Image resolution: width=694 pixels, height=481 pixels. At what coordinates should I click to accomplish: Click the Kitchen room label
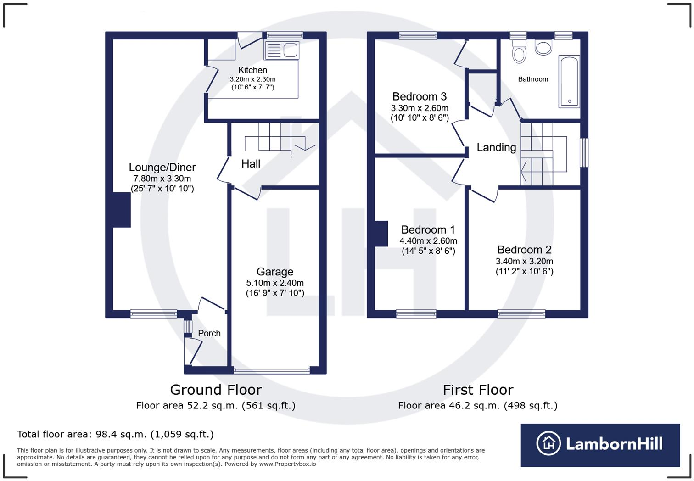(252, 70)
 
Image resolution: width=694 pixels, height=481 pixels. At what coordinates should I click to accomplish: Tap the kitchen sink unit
(282, 50)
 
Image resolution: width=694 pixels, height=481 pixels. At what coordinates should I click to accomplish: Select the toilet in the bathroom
(519, 51)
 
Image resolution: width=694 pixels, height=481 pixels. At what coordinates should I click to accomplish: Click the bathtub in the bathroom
(569, 81)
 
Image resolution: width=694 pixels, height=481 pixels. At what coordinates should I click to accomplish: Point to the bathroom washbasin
(543, 48)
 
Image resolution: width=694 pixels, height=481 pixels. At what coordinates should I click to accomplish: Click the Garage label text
(275, 272)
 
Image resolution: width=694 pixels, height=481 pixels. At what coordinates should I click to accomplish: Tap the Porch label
(209, 333)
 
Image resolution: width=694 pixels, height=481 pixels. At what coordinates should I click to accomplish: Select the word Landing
(496, 147)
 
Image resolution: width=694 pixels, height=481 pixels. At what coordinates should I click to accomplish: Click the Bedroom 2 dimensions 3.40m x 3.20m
(524, 261)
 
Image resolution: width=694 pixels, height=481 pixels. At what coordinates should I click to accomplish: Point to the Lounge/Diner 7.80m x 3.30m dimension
(162, 179)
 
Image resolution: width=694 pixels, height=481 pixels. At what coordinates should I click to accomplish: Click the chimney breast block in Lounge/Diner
(122, 210)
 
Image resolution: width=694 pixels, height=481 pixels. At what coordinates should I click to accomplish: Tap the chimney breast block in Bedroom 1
(381, 234)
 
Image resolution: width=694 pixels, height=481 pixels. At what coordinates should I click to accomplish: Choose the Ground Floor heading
(216, 390)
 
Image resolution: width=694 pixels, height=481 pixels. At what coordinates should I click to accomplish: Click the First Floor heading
(478, 390)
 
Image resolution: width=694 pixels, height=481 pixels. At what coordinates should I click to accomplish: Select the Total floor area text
(115, 434)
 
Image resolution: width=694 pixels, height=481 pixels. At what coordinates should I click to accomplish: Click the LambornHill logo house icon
(548, 443)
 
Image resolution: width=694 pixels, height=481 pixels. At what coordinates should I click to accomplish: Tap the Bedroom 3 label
(420, 97)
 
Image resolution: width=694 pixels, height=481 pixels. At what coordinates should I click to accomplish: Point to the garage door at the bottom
(272, 370)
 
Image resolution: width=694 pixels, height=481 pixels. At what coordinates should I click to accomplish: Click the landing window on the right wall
(584, 153)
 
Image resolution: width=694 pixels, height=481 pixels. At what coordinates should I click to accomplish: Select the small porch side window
(188, 326)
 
